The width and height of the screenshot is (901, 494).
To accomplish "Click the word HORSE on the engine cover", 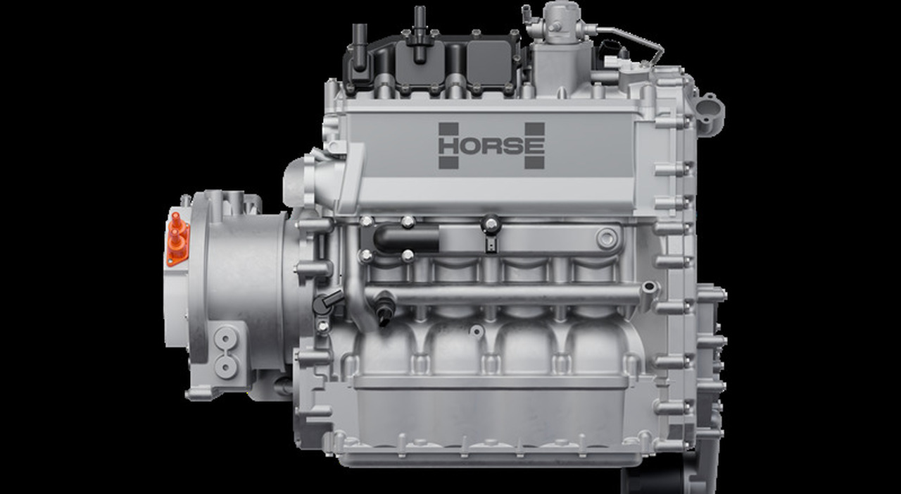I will pos(491,146).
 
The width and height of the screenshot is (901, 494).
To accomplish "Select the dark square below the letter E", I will pos(534,162).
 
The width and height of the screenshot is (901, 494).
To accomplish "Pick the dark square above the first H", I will pos(448,129).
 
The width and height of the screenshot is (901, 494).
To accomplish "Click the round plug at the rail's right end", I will pos(607,237).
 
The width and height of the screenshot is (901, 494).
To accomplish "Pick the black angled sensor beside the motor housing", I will pos(325,303).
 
